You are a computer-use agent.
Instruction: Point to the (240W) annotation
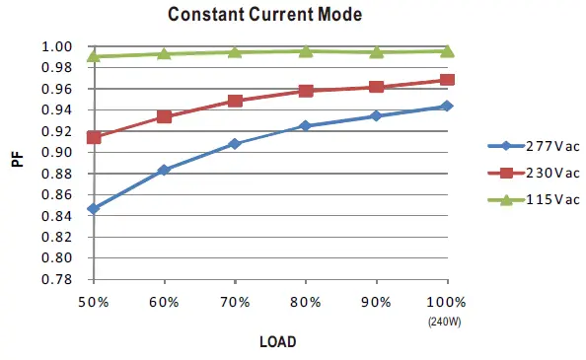446,321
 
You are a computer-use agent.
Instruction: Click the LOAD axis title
277,341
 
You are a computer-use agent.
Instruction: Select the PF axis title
18,158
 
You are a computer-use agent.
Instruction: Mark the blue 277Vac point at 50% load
94,209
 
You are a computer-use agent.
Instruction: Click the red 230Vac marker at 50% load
94,137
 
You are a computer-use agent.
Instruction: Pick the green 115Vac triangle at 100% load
447,50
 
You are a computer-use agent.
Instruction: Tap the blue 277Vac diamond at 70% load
235,144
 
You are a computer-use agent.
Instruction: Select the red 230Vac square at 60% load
165,116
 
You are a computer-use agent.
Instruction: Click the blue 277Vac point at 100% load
447,106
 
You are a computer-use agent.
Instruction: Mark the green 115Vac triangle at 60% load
165,53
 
